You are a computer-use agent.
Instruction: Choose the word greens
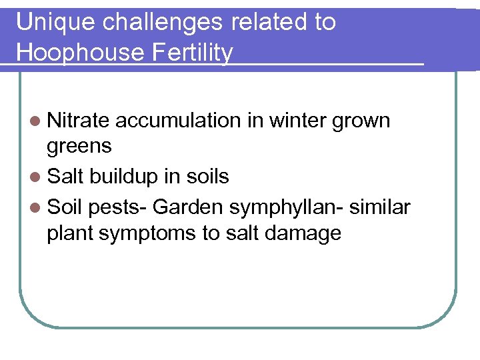coord(79,147)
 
